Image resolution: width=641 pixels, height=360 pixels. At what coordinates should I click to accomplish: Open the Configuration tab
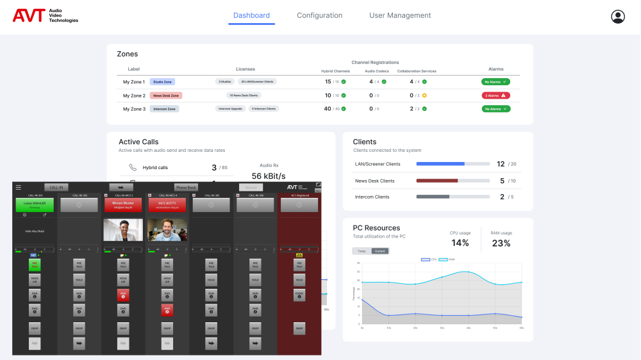319,15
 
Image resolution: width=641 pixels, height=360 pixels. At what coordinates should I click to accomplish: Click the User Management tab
400,15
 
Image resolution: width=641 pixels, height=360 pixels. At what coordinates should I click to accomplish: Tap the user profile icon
618,17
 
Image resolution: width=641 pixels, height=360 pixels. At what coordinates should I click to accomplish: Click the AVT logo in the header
45,16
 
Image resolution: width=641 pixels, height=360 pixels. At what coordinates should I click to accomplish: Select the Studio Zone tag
162,82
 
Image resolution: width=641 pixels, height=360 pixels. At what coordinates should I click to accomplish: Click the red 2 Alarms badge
495,95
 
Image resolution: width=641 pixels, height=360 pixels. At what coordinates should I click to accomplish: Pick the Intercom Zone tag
164,109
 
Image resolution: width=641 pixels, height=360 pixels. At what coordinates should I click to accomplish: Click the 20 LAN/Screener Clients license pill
257,82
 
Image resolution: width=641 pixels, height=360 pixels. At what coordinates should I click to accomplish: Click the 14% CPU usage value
460,243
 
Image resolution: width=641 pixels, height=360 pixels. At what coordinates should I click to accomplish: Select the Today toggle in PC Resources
362,251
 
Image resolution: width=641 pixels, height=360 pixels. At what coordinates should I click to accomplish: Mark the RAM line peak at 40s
468,272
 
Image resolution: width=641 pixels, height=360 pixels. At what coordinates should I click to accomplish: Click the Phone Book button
186,188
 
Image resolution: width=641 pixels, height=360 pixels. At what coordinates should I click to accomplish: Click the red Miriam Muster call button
122,205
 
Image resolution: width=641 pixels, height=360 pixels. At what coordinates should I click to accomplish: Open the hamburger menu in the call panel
19,188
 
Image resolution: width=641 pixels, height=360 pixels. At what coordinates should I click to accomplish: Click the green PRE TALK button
35,265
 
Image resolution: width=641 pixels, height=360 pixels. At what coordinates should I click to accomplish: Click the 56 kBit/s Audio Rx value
269,176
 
